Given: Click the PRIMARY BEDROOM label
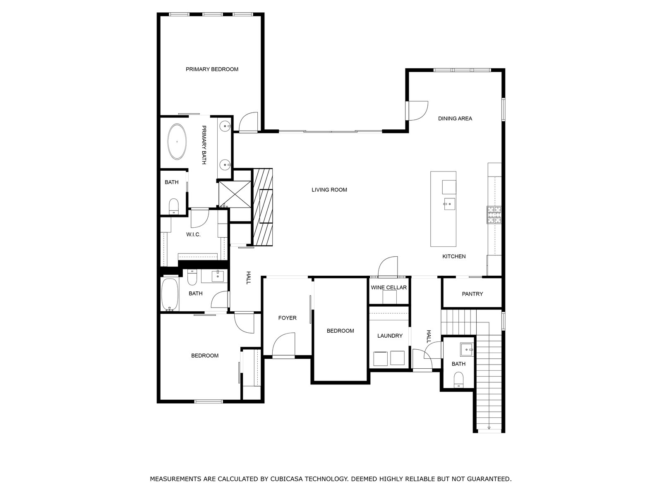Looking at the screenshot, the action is (x=212, y=69).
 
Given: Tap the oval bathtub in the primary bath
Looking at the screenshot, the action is (x=177, y=141).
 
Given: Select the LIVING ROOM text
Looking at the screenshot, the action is (x=329, y=190).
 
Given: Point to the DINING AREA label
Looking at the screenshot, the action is (x=455, y=119).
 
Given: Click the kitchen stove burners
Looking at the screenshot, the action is (x=494, y=215).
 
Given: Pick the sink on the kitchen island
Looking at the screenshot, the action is (x=449, y=204).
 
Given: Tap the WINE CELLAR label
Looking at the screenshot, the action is (x=389, y=288).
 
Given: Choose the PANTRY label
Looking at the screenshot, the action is (x=473, y=294).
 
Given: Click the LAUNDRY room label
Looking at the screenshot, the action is (x=390, y=336).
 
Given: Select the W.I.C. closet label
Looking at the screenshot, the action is (x=193, y=235).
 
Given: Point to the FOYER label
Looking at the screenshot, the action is (x=287, y=318).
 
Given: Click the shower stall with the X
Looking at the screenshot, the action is (x=235, y=194).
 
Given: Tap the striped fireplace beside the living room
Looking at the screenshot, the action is (x=262, y=207).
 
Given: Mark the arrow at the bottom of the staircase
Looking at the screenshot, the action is (x=489, y=428).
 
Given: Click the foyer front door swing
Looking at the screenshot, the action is (x=283, y=345).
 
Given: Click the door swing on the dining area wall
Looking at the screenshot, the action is (x=417, y=111).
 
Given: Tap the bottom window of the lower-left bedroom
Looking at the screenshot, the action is (x=209, y=401).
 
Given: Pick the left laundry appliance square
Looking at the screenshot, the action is (x=380, y=358).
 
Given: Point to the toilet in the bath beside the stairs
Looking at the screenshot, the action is (x=458, y=380).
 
